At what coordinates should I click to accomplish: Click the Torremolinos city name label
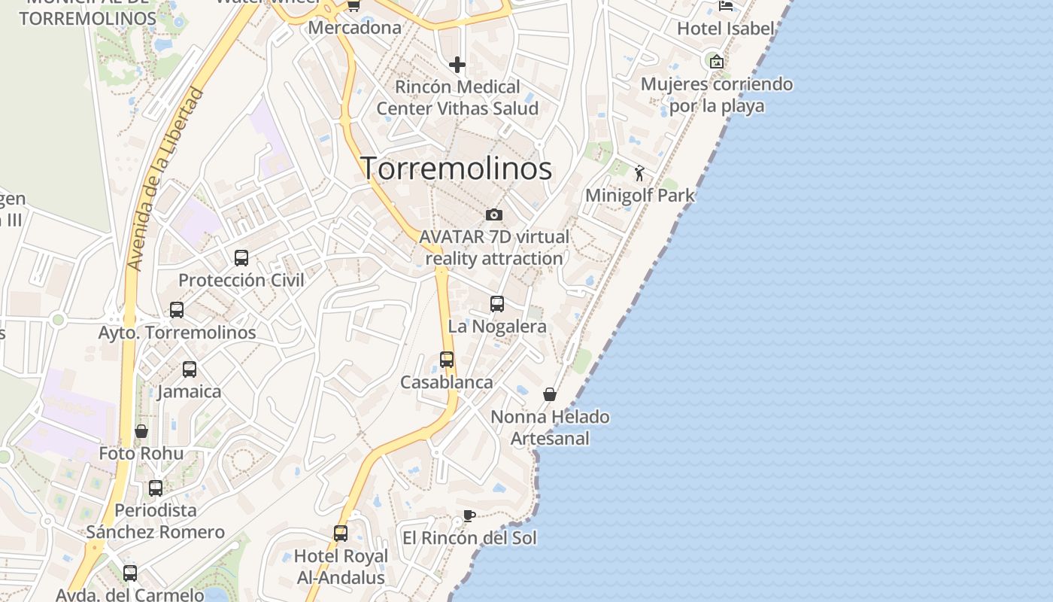click(457, 168)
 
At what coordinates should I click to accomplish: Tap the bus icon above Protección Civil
click(241, 258)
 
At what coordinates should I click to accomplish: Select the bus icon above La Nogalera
click(497, 304)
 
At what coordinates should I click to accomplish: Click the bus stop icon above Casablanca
click(447, 360)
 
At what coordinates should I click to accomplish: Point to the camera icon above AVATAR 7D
click(493, 215)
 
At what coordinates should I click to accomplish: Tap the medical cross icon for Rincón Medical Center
click(457, 65)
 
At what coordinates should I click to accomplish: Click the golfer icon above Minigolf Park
click(639, 174)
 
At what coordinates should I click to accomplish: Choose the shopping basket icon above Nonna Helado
click(550, 394)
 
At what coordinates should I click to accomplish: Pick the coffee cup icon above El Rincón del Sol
click(469, 516)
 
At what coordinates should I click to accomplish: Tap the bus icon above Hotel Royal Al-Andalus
click(341, 534)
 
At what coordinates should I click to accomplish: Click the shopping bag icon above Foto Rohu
click(141, 431)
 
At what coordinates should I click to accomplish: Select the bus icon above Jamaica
click(190, 369)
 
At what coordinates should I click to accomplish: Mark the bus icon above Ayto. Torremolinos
click(177, 310)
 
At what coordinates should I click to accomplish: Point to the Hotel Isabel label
click(725, 29)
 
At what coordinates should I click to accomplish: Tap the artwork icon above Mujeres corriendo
click(716, 62)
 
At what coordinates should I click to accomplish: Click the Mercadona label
click(355, 28)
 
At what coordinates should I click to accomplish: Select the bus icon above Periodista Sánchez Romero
click(156, 488)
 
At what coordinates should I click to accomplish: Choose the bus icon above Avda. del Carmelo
click(130, 573)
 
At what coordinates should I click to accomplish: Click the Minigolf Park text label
click(640, 196)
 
